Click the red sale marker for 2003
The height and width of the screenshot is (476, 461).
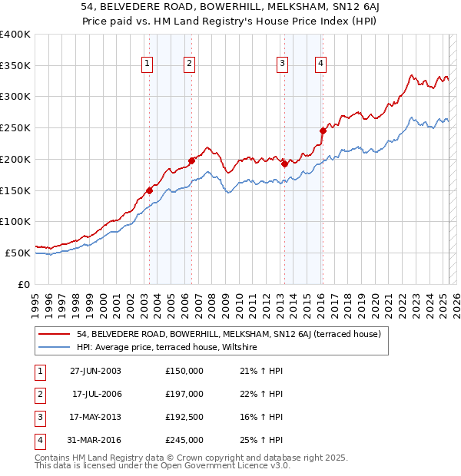[x=149, y=190]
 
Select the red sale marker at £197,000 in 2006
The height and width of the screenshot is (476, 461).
[x=191, y=160]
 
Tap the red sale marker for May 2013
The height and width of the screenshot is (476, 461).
[x=284, y=164]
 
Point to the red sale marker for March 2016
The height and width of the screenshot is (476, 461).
[x=323, y=131]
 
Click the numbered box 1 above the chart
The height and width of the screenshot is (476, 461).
[x=147, y=64]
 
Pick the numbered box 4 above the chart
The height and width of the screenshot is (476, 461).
[x=320, y=64]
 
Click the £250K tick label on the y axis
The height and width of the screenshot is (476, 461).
[x=15, y=128]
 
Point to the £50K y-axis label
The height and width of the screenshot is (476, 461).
[x=18, y=253]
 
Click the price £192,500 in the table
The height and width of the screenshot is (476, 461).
[x=184, y=417]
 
